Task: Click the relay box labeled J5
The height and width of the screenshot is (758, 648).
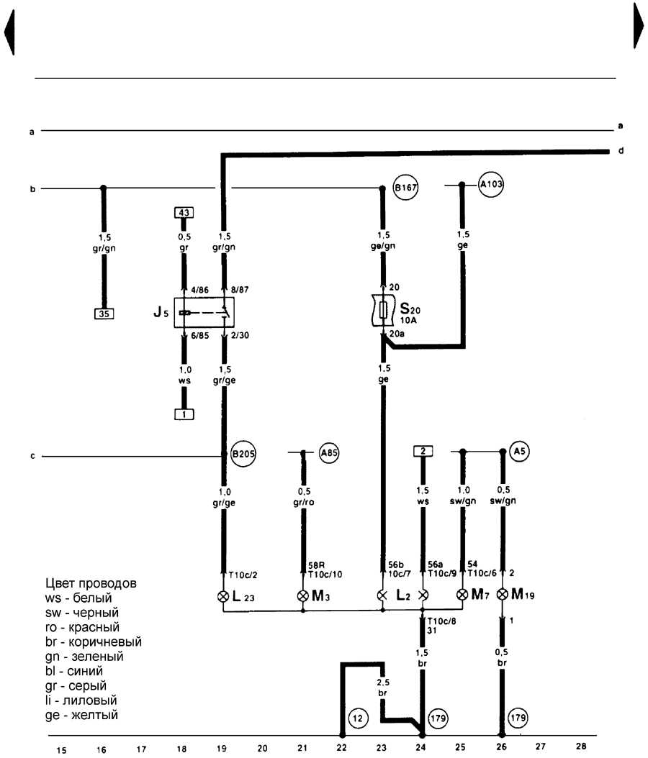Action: (x=204, y=312)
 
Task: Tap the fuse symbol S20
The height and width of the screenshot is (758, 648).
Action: (x=383, y=310)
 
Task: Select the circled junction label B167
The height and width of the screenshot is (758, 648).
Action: (x=405, y=188)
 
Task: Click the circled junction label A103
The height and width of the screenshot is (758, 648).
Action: (x=491, y=184)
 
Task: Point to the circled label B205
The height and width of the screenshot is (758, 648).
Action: (x=243, y=454)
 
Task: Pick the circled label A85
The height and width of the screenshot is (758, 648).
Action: (x=329, y=453)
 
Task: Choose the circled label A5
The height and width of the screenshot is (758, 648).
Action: (x=519, y=452)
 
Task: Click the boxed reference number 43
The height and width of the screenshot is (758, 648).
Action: (x=184, y=213)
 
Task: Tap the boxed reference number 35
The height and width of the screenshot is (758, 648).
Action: (x=104, y=314)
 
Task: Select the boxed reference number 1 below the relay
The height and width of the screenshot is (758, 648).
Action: (x=184, y=414)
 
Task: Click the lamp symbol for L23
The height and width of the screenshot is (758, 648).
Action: (x=223, y=596)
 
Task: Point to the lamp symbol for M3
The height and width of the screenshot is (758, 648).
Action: (x=303, y=595)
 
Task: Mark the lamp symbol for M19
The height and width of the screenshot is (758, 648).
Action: (x=503, y=594)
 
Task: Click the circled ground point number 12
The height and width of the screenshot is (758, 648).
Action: (x=358, y=718)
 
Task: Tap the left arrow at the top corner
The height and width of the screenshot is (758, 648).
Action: (x=9, y=32)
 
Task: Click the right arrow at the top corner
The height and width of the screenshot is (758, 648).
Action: (x=639, y=25)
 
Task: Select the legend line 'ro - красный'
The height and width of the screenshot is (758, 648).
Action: (x=82, y=628)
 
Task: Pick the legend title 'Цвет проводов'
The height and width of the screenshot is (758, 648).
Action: (x=91, y=583)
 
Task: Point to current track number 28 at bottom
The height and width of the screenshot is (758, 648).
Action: (x=581, y=746)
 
